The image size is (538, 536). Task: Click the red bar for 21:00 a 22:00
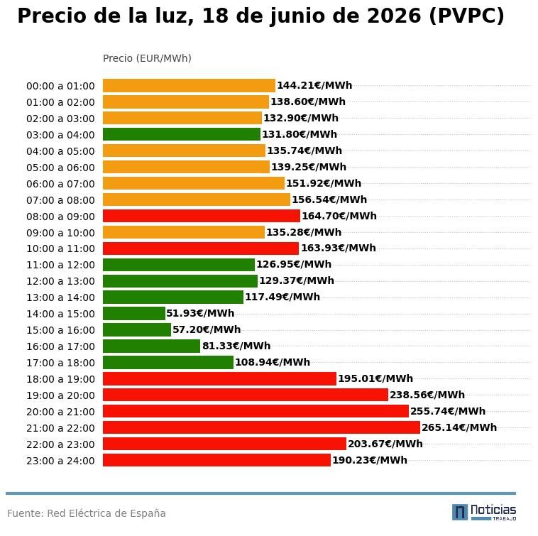(x=261, y=427)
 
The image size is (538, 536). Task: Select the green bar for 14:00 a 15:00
(x=134, y=313)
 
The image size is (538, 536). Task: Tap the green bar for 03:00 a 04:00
(x=182, y=134)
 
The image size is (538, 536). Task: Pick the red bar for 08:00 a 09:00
(x=202, y=216)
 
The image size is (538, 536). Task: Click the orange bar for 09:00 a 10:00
(x=184, y=232)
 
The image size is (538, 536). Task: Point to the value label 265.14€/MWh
(x=459, y=427)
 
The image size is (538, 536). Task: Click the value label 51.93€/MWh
(x=200, y=313)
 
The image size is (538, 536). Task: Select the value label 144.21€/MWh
(x=314, y=85)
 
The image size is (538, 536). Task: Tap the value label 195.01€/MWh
(x=375, y=378)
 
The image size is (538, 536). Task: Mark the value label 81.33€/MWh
(x=236, y=346)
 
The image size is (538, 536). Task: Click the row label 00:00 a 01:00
(x=60, y=86)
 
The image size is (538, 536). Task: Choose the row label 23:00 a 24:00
(x=60, y=461)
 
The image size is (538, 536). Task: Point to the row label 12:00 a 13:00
(x=60, y=281)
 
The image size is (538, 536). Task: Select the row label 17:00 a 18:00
(x=60, y=363)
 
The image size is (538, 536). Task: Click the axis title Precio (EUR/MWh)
(x=147, y=58)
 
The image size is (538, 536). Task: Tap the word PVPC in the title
(x=466, y=16)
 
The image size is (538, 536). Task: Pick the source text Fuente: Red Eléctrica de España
(x=87, y=513)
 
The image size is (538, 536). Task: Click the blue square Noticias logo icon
(x=460, y=513)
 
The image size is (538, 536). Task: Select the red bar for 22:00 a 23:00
(x=224, y=444)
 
